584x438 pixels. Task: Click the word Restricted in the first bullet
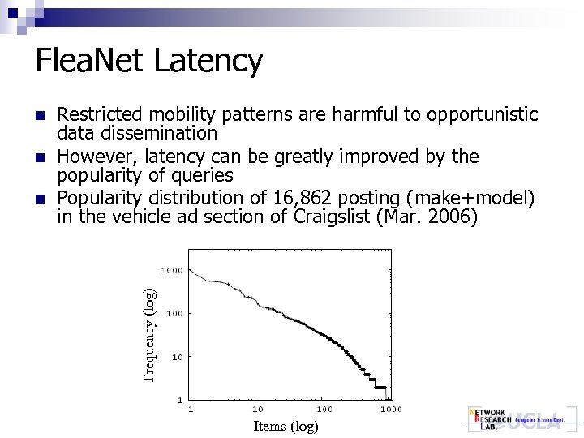(x=99, y=115)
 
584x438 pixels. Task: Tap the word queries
(x=203, y=174)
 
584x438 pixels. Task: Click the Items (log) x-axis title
(x=286, y=426)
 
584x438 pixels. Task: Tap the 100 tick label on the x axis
(x=324, y=410)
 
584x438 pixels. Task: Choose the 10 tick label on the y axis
(x=176, y=357)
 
